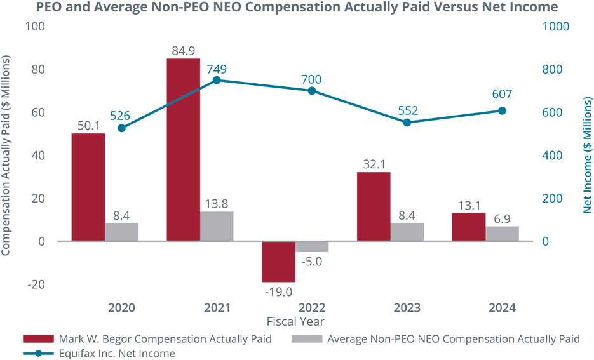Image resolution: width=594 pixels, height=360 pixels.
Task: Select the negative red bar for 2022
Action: click(279, 261)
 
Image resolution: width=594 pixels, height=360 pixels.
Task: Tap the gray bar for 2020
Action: click(121, 232)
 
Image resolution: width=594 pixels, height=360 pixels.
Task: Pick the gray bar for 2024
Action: click(502, 233)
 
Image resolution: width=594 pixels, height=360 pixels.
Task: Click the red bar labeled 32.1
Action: click(374, 206)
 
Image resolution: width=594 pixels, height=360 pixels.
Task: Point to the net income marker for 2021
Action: click(217, 80)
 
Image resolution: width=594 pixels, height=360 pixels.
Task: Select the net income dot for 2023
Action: click(407, 122)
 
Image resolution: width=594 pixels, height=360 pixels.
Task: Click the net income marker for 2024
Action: click(502, 110)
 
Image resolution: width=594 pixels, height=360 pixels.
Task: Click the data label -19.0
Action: click(279, 292)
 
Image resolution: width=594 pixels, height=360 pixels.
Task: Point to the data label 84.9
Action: click(183, 49)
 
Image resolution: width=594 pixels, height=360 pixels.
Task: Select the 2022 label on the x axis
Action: click(311, 308)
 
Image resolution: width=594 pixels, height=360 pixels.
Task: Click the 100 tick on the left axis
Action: click(37, 27)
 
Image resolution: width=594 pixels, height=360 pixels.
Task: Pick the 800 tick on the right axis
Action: click(552, 69)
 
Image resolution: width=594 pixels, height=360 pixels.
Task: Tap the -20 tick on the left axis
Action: click(37, 284)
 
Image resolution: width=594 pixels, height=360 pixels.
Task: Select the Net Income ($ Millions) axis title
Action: click(586, 155)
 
